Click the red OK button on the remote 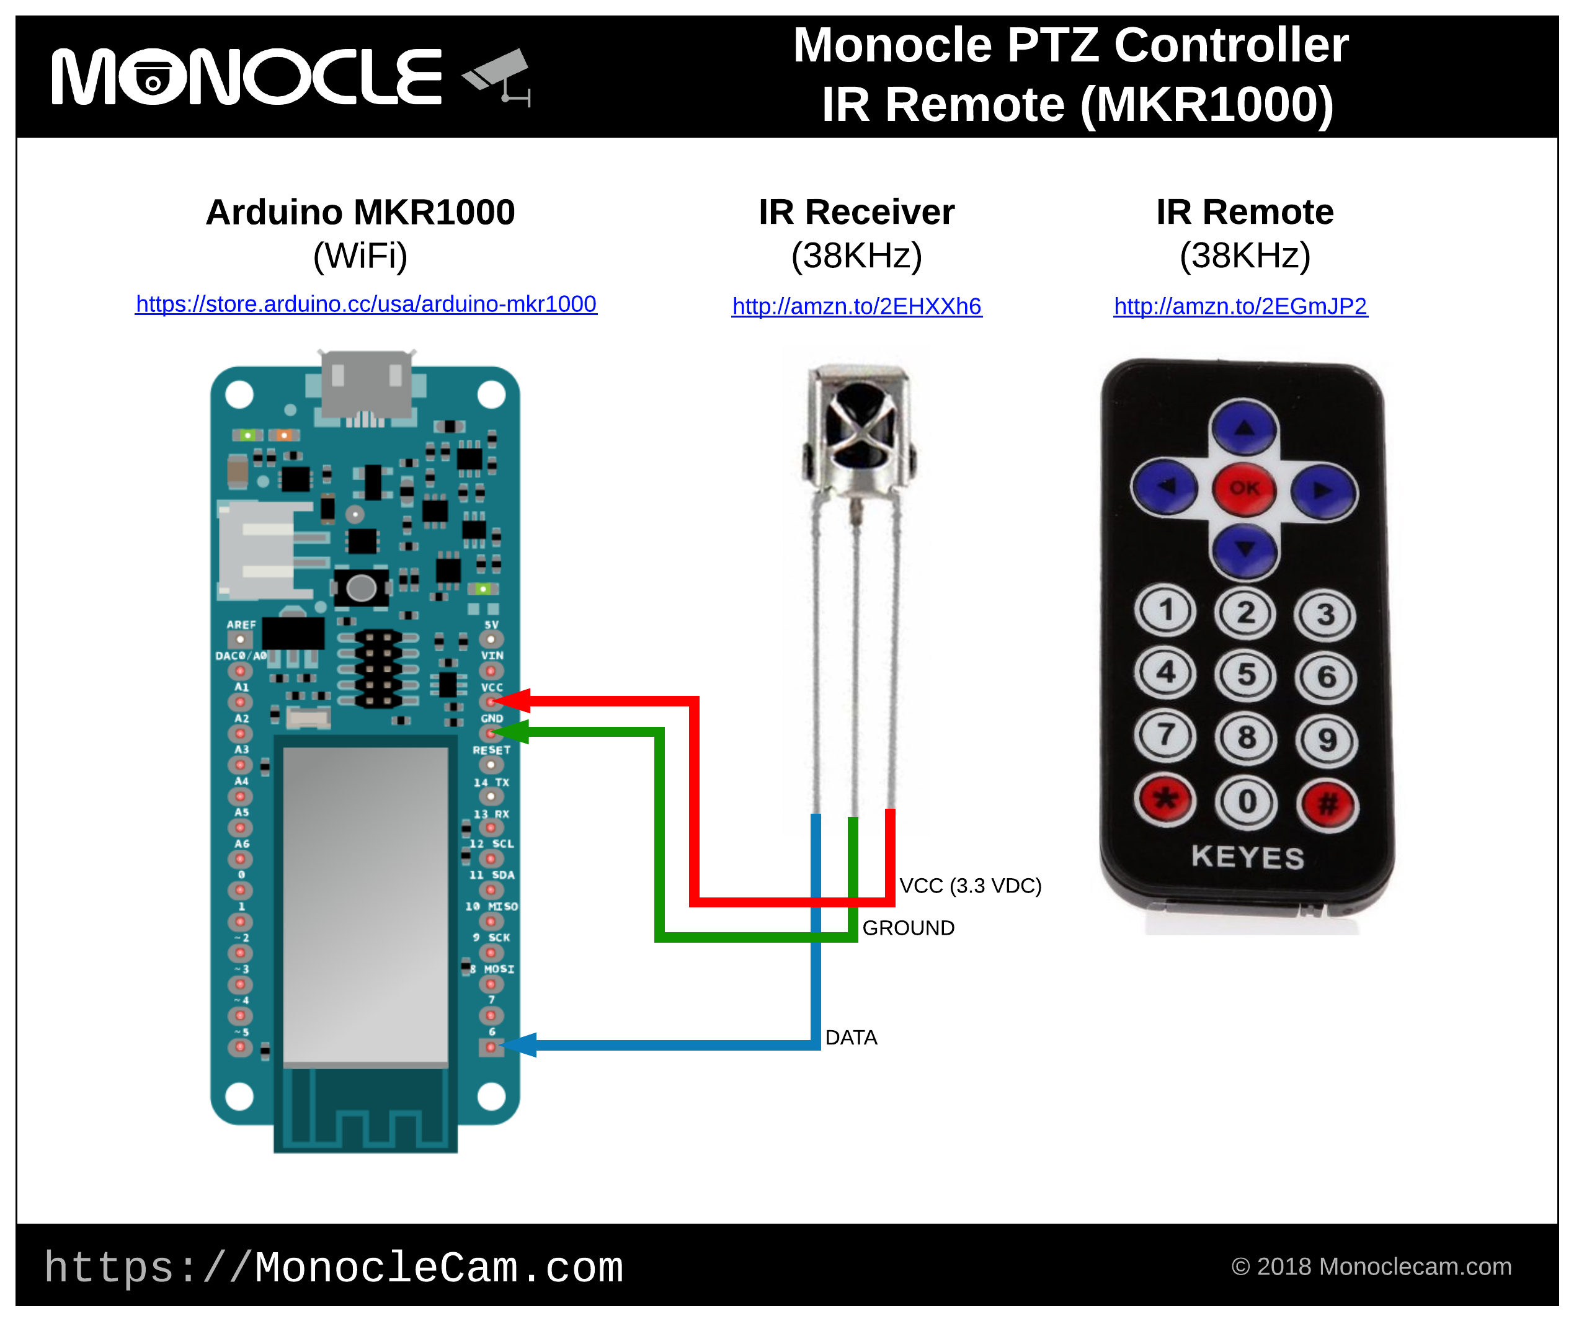coord(1244,489)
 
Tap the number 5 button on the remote coord(1246,675)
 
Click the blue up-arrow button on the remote coord(1244,429)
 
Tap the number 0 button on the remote coord(1246,802)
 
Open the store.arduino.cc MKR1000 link coord(365,304)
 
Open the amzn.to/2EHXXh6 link coord(856,306)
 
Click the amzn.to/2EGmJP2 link coord(1240,306)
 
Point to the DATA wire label coord(850,1038)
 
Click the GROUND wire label coord(907,928)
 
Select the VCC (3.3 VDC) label coord(970,886)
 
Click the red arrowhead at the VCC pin coord(514,700)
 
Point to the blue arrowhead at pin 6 coord(520,1044)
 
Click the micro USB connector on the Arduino coord(366,383)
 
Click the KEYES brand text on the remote coord(1247,857)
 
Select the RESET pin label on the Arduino coord(491,750)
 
